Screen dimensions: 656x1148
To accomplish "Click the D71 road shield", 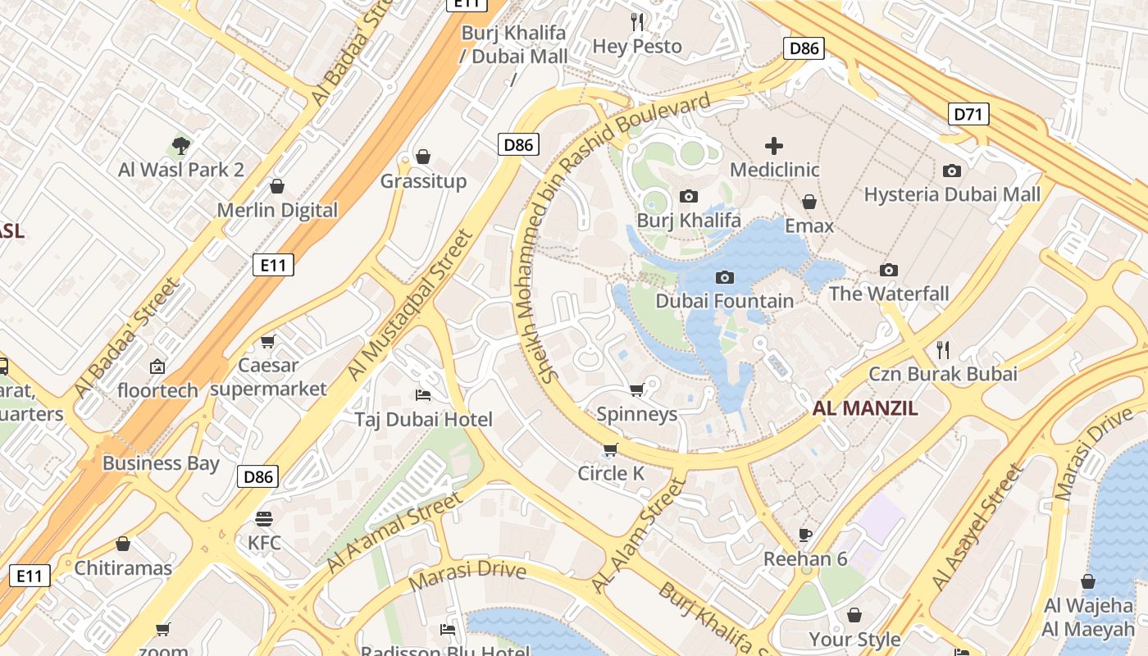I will pos(968,114).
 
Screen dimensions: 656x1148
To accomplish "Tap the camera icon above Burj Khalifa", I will pos(689,196).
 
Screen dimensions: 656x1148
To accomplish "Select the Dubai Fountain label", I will pos(724,301).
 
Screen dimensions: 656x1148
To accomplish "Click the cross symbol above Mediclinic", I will pos(773,146).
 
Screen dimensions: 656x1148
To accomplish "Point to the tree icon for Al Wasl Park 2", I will pos(181,146).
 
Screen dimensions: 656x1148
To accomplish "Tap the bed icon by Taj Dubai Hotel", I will pos(423,395).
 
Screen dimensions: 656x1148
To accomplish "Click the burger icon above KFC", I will pos(263,518).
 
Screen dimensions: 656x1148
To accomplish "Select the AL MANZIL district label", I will pos(865,408).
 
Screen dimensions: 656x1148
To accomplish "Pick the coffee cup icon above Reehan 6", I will pos(805,535).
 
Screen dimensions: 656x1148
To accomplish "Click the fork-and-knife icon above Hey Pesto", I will pos(637,21).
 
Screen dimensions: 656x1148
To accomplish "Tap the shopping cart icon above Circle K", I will pos(610,449).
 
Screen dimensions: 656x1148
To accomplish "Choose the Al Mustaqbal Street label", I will pos(410,305).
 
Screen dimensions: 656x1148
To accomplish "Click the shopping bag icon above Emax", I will pos(809,202).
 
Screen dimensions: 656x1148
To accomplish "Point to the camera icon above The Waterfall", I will pos(888,270).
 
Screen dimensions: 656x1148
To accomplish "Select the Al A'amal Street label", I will pos(394,534).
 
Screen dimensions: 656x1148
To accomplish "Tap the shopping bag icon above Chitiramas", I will pos(123,544).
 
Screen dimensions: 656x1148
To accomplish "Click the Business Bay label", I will pos(161,463).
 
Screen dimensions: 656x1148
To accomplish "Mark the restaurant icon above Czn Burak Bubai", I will pos(943,350).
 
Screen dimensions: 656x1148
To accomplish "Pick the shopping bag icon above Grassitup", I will pos(423,156).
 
